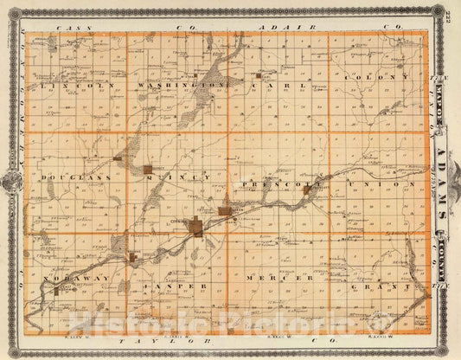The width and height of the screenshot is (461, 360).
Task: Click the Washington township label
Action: pos(178,87)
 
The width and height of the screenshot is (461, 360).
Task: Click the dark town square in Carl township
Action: pos(258,76)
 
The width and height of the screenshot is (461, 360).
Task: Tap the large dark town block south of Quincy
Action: pos(197,228)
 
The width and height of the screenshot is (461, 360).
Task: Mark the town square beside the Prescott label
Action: pos(305,188)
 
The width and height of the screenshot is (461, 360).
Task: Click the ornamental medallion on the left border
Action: pos(13,181)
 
